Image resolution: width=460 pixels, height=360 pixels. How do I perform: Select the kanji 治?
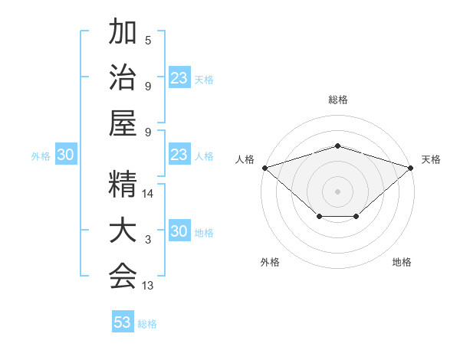click(x=122, y=79)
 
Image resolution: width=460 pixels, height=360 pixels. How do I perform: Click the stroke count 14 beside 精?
click(x=149, y=194)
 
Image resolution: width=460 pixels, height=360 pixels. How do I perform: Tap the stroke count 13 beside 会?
click(x=149, y=286)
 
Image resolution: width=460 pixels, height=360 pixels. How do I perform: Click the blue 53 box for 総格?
click(x=123, y=322)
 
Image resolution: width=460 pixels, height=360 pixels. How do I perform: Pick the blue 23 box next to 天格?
click(x=179, y=78)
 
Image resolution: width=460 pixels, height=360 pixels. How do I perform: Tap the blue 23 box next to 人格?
click(x=179, y=155)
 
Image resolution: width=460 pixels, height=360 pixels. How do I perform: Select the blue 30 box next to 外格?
click(x=65, y=155)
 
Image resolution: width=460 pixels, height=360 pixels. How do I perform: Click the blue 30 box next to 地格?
click(x=179, y=231)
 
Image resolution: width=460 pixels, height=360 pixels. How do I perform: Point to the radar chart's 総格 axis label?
click(x=338, y=100)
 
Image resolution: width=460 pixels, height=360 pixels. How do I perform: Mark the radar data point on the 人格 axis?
click(x=264, y=168)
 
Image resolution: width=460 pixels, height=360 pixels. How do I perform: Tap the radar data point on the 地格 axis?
click(x=356, y=218)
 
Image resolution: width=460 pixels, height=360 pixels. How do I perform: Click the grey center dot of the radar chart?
click(x=338, y=191)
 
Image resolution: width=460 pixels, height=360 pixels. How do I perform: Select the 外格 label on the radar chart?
click(x=270, y=262)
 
